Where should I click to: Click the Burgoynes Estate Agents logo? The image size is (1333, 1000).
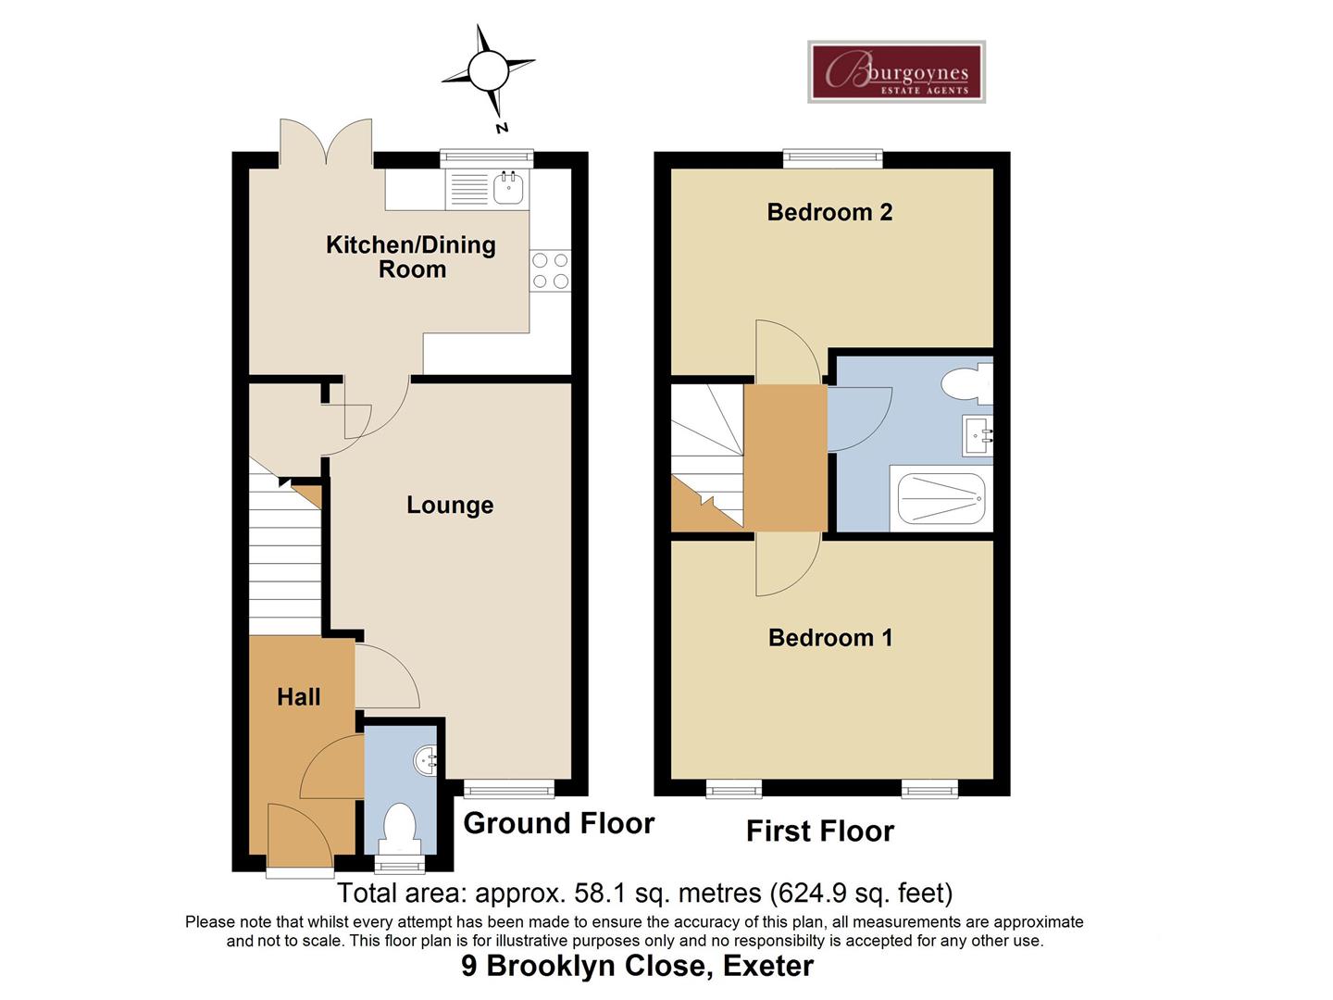pyautogui.click(x=896, y=72)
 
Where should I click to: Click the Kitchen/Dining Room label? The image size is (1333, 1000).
pyautogui.click(x=411, y=256)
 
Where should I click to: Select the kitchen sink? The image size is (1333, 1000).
pyautogui.click(x=508, y=188)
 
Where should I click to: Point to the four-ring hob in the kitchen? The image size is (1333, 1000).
pyautogui.click(x=550, y=270)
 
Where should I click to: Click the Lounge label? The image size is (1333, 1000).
pyautogui.click(x=450, y=505)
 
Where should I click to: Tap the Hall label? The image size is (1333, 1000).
pyautogui.click(x=299, y=697)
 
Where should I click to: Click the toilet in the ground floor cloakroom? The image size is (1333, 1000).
pyautogui.click(x=400, y=827)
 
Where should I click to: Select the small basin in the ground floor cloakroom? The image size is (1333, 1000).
pyautogui.click(x=427, y=761)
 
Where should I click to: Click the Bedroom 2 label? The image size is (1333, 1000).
pyautogui.click(x=829, y=212)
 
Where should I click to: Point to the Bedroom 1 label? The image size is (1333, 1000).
pyautogui.click(x=830, y=637)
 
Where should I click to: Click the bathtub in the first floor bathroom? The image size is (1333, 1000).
pyautogui.click(x=939, y=499)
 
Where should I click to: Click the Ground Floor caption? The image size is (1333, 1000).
pyautogui.click(x=558, y=823)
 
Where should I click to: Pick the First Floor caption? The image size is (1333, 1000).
pyautogui.click(x=820, y=831)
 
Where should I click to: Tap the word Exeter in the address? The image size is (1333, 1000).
pyautogui.click(x=767, y=966)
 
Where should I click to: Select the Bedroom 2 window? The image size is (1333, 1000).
pyautogui.click(x=832, y=158)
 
